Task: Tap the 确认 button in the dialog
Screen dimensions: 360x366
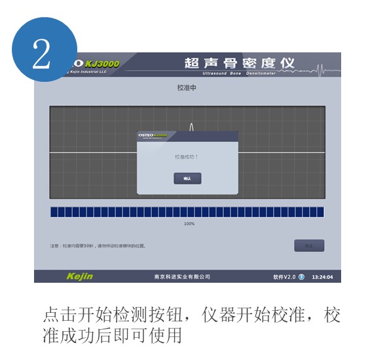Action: [x=187, y=178]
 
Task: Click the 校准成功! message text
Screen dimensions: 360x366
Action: [x=187, y=157]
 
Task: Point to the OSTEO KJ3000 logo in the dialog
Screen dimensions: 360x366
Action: [x=153, y=135]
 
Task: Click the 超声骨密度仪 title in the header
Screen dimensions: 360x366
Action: [x=240, y=63]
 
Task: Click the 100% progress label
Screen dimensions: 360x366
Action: [x=189, y=224]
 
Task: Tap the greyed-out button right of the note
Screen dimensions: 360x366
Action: [x=309, y=245]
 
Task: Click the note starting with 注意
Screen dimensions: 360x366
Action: [x=98, y=246]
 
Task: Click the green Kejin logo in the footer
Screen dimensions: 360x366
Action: [x=79, y=276]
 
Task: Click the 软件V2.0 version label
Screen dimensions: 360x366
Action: [x=285, y=277]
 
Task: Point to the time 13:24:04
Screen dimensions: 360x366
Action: [x=321, y=277]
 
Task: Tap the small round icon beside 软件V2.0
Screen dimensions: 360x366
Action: [x=302, y=277]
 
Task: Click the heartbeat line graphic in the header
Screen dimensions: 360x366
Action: [x=323, y=67]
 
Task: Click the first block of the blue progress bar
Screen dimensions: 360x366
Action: [x=54, y=212]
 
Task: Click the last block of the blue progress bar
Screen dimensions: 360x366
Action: [x=320, y=212]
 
